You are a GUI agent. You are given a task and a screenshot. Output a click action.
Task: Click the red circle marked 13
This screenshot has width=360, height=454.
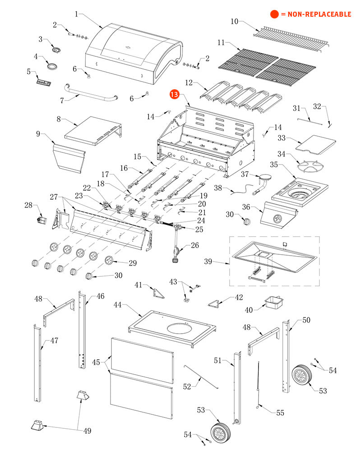tap(175, 95)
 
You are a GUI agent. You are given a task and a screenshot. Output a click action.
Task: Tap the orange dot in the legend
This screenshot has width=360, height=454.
tap(274, 14)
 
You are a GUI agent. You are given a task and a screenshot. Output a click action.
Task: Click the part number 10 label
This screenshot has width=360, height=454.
tap(235, 21)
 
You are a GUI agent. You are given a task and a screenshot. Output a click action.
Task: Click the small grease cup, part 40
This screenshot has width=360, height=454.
tap(274, 302)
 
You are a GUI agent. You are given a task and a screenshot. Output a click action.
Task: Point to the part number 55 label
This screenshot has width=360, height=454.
tap(281, 412)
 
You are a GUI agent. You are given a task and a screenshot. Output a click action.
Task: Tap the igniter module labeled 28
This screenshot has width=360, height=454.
tap(42, 220)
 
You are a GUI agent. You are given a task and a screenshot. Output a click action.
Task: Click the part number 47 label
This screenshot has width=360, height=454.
tap(54, 340)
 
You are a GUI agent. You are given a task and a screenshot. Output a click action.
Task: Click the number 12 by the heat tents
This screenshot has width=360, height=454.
tap(189, 83)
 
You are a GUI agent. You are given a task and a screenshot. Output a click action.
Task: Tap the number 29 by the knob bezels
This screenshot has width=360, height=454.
tap(133, 263)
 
